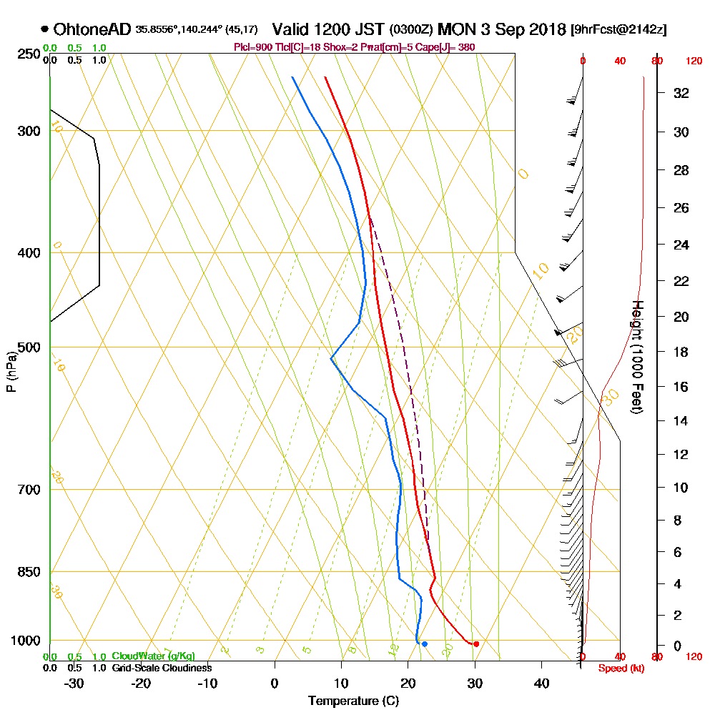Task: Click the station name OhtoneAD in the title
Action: click(92, 29)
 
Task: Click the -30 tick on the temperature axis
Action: click(74, 683)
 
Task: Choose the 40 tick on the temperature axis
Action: click(541, 683)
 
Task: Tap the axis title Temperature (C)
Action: click(353, 701)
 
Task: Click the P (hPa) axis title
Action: click(11, 371)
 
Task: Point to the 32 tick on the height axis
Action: click(681, 92)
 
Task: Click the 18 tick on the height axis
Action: click(681, 352)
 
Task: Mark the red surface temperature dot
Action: click(476, 644)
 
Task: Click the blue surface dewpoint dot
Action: click(425, 644)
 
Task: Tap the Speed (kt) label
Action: click(617, 668)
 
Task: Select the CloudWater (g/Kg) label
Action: click(153, 656)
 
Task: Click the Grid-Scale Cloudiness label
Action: click(162, 668)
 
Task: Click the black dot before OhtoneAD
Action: click(45, 29)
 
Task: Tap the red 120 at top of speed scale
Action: click(694, 61)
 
